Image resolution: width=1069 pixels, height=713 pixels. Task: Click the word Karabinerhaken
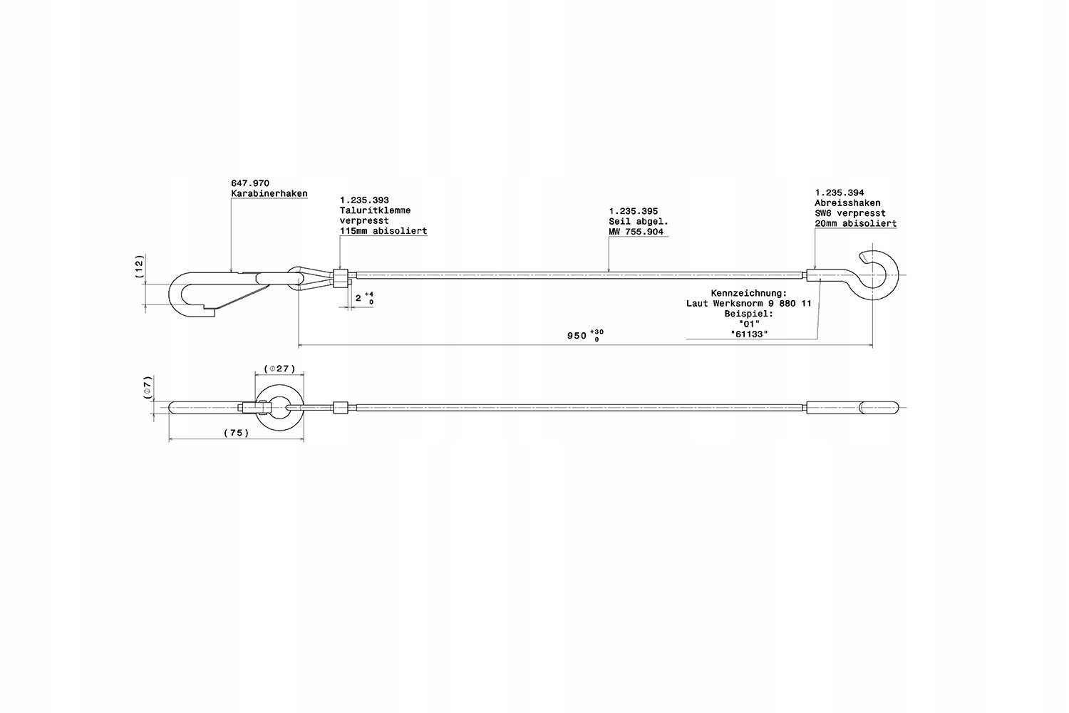(x=269, y=194)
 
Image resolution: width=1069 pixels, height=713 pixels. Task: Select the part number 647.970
(x=250, y=183)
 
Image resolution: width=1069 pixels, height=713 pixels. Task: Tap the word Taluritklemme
(x=375, y=210)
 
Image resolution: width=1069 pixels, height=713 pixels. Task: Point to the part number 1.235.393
(x=364, y=200)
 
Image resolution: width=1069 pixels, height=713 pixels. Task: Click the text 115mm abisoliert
(x=383, y=231)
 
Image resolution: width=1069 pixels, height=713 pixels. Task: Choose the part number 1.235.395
(x=634, y=211)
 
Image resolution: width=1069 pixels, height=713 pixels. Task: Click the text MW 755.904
(x=636, y=232)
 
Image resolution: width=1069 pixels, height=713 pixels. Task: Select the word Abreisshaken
(x=847, y=203)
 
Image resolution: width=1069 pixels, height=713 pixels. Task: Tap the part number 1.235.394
(x=840, y=193)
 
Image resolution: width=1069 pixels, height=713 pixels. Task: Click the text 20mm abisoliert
(x=856, y=223)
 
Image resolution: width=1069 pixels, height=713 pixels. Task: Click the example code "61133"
(x=750, y=334)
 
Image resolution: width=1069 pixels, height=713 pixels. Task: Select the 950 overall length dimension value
(x=577, y=336)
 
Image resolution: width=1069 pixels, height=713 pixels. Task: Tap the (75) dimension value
(x=236, y=433)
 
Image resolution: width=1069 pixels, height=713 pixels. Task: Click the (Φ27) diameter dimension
(x=279, y=369)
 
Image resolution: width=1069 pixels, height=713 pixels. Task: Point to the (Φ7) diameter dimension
(x=148, y=387)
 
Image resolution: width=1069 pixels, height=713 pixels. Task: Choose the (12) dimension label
(x=139, y=267)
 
